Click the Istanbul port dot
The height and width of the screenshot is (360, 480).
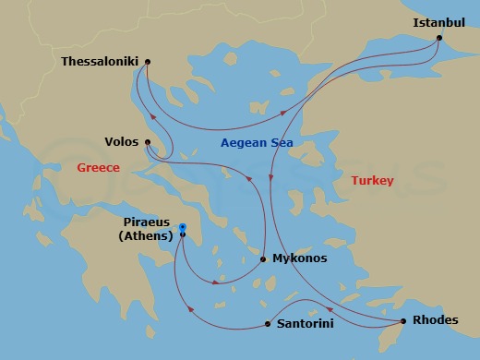438,39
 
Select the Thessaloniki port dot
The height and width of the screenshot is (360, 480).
149,62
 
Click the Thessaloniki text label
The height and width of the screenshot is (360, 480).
99,62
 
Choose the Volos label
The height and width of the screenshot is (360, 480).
122,142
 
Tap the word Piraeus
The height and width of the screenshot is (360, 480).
147,222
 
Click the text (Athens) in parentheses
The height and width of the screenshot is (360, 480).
147,236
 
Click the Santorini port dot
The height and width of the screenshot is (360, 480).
268,324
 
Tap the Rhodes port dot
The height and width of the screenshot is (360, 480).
403,321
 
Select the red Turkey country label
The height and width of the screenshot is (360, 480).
372,181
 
